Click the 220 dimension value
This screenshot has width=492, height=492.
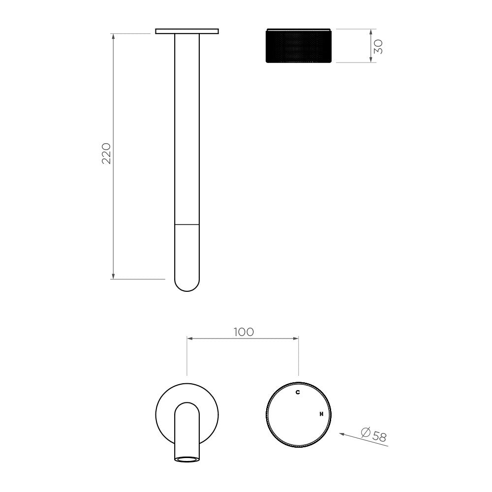(x=107, y=153)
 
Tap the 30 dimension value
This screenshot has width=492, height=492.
(x=378, y=46)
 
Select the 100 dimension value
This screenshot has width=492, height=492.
(x=244, y=332)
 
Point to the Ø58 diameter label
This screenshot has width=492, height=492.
(x=374, y=434)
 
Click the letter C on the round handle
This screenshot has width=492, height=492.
(x=298, y=392)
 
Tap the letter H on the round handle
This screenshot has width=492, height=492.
(x=321, y=414)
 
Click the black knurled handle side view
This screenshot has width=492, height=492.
(x=299, y=45)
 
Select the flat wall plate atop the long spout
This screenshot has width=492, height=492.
(x=187, y=31)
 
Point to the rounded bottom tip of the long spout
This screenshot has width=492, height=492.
(x=187, y=291)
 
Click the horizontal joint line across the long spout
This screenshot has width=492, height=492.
(x=187, y=225)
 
